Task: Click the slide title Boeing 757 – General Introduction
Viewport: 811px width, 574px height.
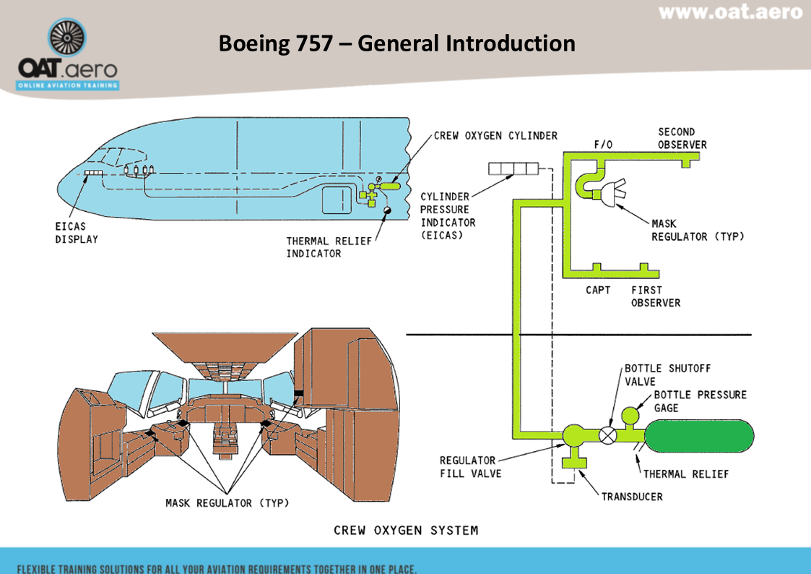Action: click(x=396, y=43)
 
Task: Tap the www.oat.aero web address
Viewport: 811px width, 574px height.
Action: click(x=730, y=12)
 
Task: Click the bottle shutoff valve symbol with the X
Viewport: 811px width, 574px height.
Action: click(x=609, y=435)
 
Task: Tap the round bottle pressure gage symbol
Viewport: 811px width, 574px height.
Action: click(x=630, y=416)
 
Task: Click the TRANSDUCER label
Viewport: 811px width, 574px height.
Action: click(x=632, y=497)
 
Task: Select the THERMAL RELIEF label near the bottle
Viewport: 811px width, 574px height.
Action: click(x=686, y=474)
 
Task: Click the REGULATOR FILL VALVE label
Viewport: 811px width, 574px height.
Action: click(x=468, y=467)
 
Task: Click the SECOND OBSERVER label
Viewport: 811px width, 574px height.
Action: click(x=682, y=138)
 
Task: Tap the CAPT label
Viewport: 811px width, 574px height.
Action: click(x=598, y=290)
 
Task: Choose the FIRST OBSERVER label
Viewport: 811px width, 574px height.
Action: click(x=655, y=296)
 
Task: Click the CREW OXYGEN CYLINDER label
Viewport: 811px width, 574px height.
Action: click(x=495, y=136)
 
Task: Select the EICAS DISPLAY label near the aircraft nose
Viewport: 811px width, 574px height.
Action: click(x=77, y=233)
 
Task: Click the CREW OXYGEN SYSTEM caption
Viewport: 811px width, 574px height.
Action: click(x=405, y=531)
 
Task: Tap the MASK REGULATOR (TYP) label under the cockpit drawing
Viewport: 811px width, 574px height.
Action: click(x=227, y=502)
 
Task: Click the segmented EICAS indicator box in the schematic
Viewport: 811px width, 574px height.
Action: click(x=513, y=169)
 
